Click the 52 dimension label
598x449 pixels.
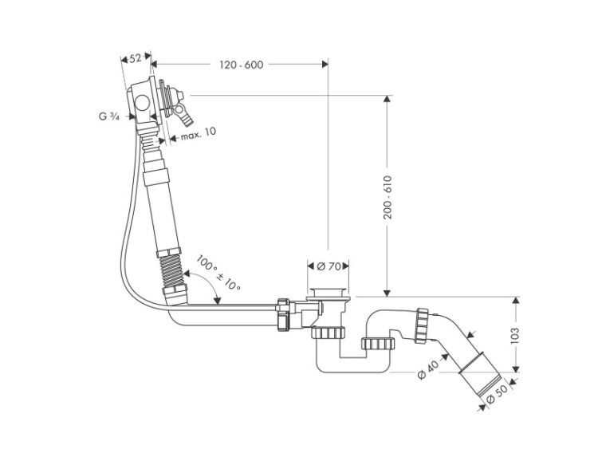pyautogui.click(x=135, y=58)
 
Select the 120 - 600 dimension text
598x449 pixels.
pyautogui.click(x=241, y=65)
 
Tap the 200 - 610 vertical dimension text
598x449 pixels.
pyautogui.click(x=388, y=197)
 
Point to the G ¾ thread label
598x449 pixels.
pyautogui.click(x=109, y=116)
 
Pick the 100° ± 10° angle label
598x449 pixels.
pyautogui.click(x=218, y=273)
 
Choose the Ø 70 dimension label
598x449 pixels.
pyautogui.click(x=329, y=266)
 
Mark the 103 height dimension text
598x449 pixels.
pyautogui.click(x=515, y=334)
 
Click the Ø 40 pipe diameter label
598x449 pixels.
pyautogui.click(x=428, y=370)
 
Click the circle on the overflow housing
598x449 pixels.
pyautogui.click(x=142, y=103)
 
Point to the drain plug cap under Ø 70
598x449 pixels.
pyautogui.click(x=328, y=293)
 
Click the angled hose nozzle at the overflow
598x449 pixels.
pyautogui.click(x=184, y=116)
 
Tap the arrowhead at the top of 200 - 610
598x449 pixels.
pyautogui.click(x=387, y=98)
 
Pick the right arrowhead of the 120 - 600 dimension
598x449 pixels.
pyautogui.click(x=325, y=64)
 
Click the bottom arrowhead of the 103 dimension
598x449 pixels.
pyautogui.click(x=515, y=368)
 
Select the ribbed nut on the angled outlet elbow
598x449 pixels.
pyautogui.click(x=422, y=325)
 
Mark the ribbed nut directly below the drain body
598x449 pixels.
pyautogui.click(x=328, y=333)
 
